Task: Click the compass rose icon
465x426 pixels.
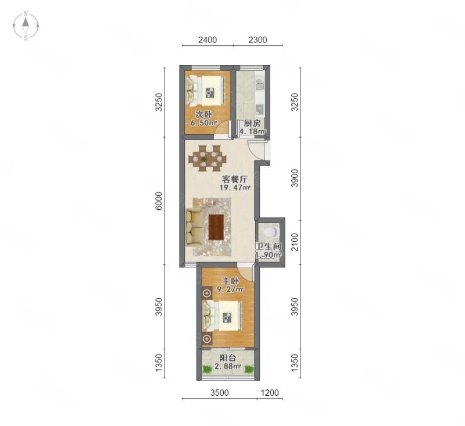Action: (x=26, y=26)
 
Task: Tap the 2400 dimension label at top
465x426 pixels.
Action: (x=208, y=40)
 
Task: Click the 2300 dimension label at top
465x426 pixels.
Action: (x=257, y=40)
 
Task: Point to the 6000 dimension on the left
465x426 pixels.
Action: (x=159, y=201)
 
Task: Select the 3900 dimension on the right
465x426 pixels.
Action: (x=294, y=178)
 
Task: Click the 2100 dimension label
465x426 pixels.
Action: (x=294, y=242)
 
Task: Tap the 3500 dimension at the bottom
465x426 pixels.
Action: (x=220, y=393)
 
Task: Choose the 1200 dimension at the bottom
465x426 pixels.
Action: (x=270, y=393)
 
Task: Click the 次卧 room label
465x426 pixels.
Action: (x=203, y=114)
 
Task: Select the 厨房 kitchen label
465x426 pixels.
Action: (x=252, y=123)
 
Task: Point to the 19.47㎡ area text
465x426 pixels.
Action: (x=235, y=187)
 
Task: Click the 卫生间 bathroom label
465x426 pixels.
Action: (x=269, y=246)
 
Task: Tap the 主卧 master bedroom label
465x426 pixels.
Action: (x=230, y=281)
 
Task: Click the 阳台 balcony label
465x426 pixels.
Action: (x=228, y=358)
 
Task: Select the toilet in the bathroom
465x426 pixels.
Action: (x=272, y=232)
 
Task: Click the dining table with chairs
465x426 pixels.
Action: (x=208, y=158)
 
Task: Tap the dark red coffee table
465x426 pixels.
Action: (x=216, y=227)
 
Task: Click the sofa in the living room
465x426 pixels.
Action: (x=194, y=227)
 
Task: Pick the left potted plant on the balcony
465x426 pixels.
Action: (x=208, y=370)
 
